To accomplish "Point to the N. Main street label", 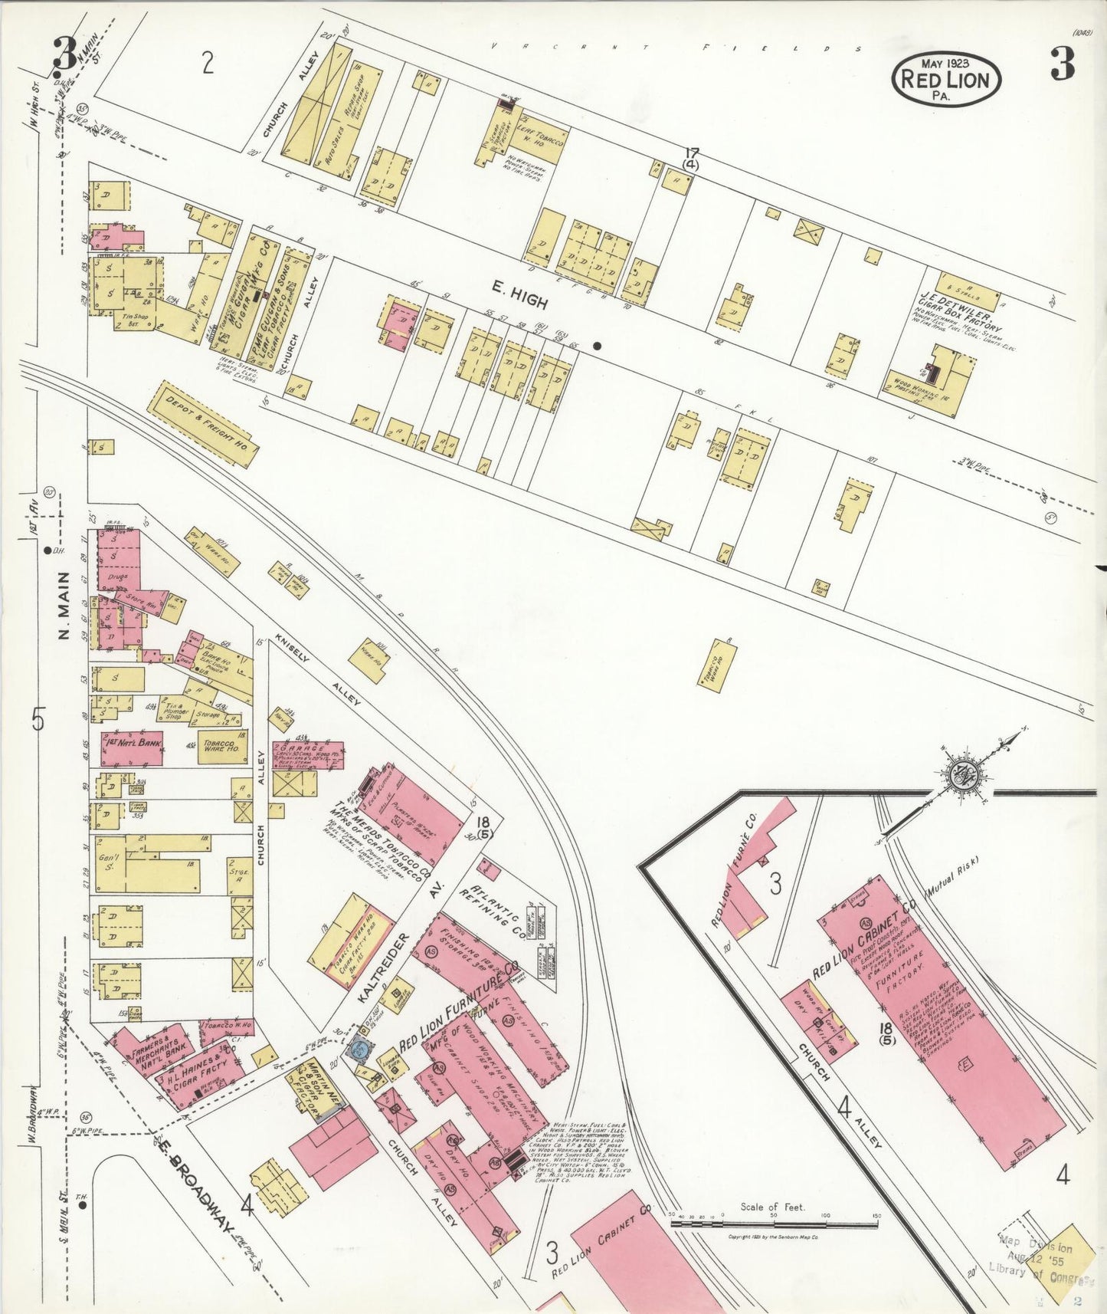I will [64, 606].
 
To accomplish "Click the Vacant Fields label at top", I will [674, 48].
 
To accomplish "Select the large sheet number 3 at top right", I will [1062, 65].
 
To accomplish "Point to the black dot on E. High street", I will [598, 347].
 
